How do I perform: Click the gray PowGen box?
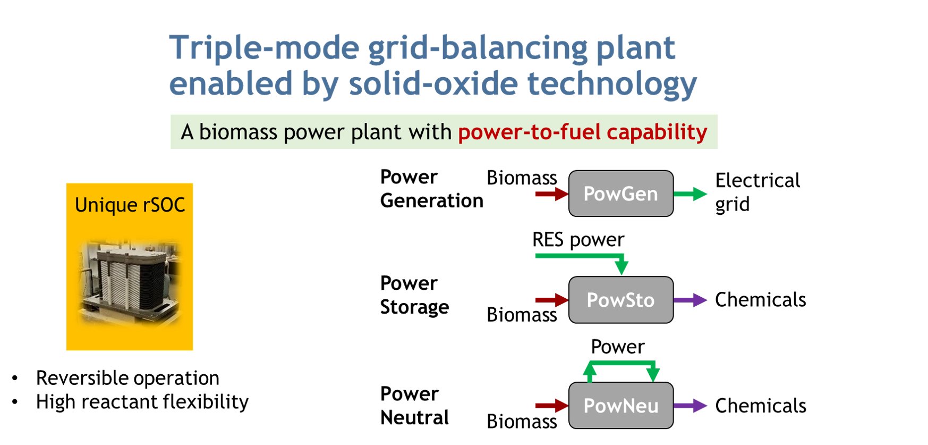(x=621, y=194)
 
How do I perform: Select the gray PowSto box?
(x=621, y=300)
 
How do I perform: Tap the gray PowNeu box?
(x=621, y=406)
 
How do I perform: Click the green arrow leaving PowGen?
(x=690, y=194)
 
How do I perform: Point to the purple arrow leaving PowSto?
(x=690, y=300)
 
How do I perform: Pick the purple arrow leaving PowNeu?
(x=690, y=406)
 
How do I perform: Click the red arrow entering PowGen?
(x=552, y=194)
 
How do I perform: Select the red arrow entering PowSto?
(x=552, y=300)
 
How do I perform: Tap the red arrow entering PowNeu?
(x=552, y=406)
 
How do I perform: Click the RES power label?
(x=578, y=240)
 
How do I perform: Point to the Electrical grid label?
(x=757, y=192)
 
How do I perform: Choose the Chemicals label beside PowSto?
(x=760, y=300)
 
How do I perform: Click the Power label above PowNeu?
(x=618, y=347)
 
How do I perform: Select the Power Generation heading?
(x=431, y=189)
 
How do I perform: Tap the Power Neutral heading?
(x=415, y=406)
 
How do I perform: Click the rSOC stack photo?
(x=130, y=282)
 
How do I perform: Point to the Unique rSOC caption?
(x=130, y=205)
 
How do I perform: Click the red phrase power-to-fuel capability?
(x=583, y=132)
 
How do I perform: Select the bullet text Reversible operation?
(x=127, y=378)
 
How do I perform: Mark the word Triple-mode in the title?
(x=265, y=48)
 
